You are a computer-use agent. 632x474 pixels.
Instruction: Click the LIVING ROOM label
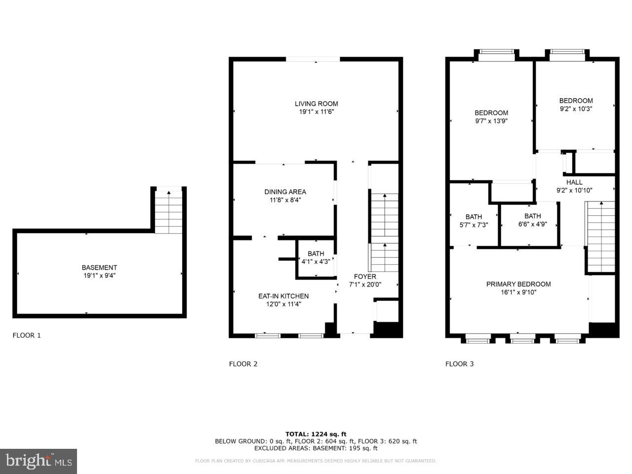(x=316, y=104)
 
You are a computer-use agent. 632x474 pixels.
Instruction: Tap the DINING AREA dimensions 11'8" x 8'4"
(x=285, y=200)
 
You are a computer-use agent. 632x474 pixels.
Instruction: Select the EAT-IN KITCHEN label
(x=283, y=296)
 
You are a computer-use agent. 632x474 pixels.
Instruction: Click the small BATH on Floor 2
(x=316, y=258)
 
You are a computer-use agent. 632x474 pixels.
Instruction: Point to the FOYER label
(x=365, y=276)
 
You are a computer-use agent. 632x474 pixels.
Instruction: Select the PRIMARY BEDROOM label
(x=518, y=284)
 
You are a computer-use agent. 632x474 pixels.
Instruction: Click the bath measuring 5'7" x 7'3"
(x=474, y=221)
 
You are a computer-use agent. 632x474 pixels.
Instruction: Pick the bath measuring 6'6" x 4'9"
(x=532, y=220)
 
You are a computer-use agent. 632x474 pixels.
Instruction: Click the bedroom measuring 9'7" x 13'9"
(x=491, y=117)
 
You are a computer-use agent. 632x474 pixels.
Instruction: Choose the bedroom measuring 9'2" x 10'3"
(x=576, y=105)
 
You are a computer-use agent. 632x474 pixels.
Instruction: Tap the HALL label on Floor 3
(x=574, y=182)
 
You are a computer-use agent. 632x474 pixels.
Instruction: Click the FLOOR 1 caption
(x=27, y=335)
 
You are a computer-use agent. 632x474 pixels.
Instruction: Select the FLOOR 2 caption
(x=243, y=364)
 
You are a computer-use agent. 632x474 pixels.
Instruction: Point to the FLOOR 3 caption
(x=459, y=364)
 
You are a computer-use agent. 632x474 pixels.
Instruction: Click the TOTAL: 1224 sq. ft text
(x=316, y=434)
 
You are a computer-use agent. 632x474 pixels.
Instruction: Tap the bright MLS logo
(x=39, y=461)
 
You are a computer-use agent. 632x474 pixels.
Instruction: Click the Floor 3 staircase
(x=600, y=237)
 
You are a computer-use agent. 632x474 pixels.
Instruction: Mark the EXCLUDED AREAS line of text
(x=316, y=448)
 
